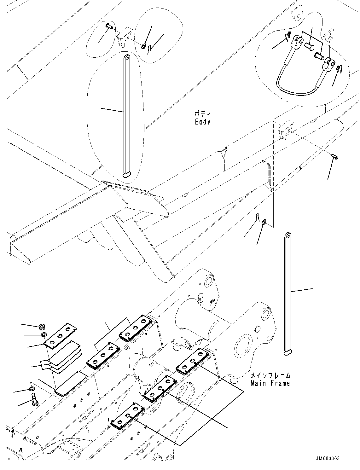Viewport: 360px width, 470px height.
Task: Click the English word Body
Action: (202, 122)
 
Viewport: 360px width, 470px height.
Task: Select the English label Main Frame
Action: (270, 383)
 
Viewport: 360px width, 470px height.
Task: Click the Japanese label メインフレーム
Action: (270, 376)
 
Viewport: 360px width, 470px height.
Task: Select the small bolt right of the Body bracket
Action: (334, 156)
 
